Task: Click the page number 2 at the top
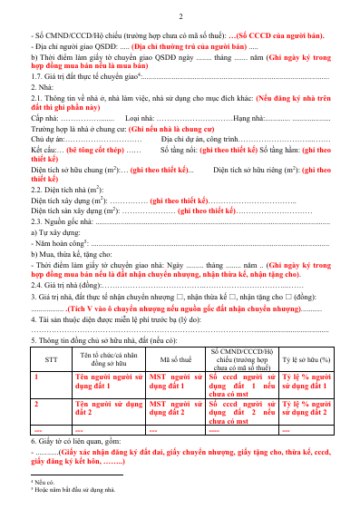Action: (x=180, y=17)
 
